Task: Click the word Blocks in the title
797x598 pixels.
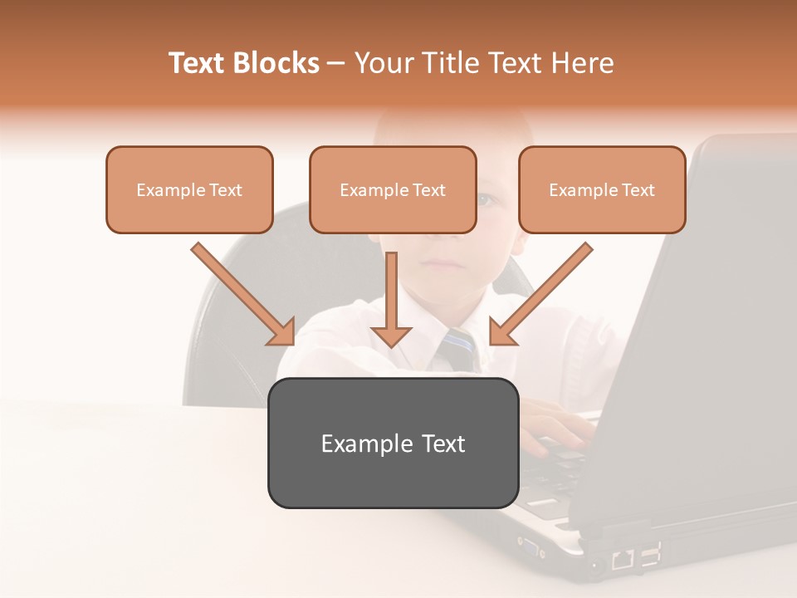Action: click(277, 63)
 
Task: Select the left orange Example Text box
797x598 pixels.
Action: click(189, 189)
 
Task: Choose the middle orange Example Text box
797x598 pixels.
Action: click(393, 189)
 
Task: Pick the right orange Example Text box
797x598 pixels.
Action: click(602, 189)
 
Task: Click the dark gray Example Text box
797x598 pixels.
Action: click(393, 443)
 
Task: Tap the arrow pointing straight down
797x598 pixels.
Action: click(391, 303)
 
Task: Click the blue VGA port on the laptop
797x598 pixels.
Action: click(528, 545)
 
